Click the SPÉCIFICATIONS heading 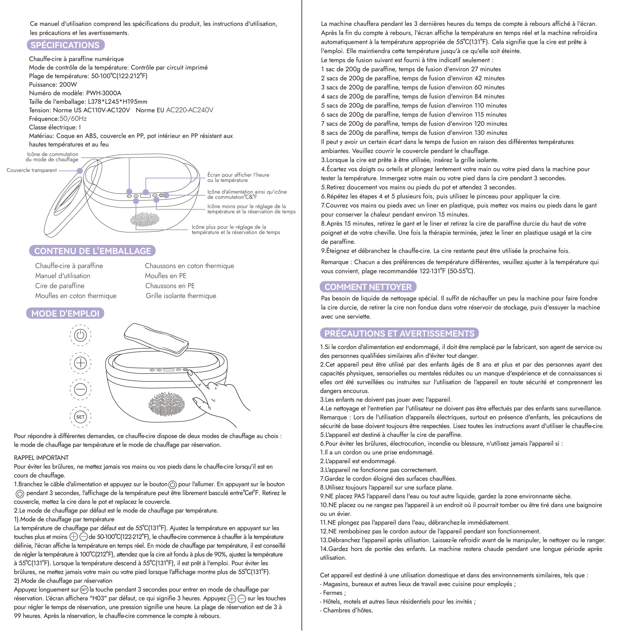pos(65,45)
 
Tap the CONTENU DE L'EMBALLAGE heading pos(92,251)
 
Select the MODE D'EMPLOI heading pos(65,313)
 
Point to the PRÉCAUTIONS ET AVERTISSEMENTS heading pos(399,333)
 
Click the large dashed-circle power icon pos(80,335)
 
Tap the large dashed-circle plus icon pos(80,362)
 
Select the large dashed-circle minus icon pos(80,389)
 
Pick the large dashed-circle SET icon pos(80,417)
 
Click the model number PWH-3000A pos(103,93)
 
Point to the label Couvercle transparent pos(32,170)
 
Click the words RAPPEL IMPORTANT pos(41,457)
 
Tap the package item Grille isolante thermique pos(181,296)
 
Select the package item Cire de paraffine pos(60,286)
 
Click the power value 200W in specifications pos(68,85)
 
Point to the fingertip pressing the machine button pos(190,373)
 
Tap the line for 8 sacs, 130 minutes pos(414,133)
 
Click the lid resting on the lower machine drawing pos(156,339)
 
